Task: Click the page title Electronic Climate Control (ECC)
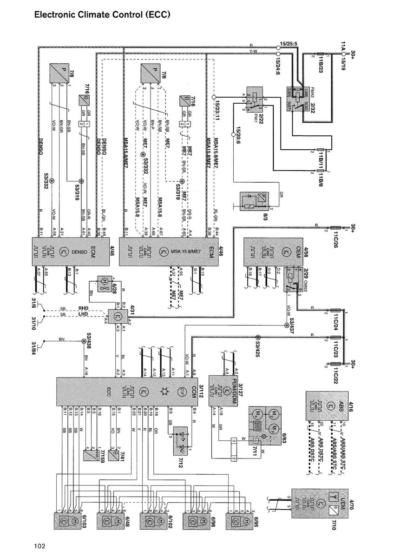103,15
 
